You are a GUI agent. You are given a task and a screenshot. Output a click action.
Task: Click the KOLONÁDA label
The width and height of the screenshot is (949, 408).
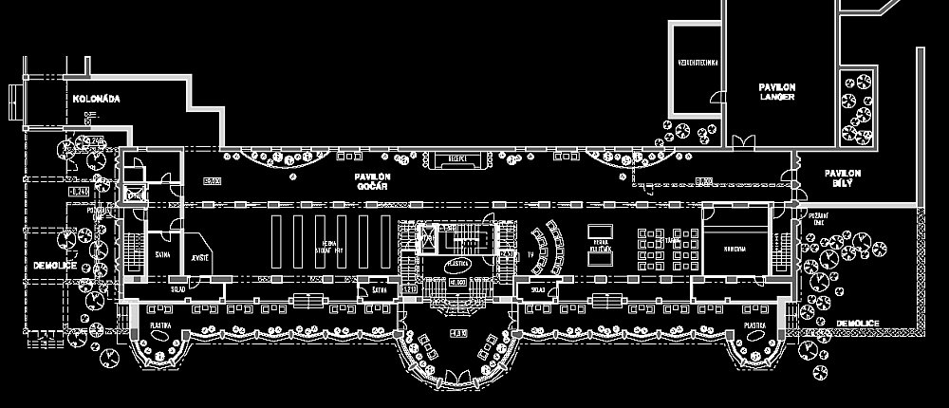coord(95,98)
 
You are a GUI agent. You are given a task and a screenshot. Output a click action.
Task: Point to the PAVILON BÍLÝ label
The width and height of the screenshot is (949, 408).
coord(842,177)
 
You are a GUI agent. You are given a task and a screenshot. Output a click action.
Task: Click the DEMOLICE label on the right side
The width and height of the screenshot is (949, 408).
coord(858,324)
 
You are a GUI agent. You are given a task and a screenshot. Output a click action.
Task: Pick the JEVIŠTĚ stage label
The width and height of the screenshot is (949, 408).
coord(200,257)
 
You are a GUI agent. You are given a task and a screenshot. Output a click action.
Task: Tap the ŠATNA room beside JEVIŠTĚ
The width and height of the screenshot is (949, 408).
coord(162,257)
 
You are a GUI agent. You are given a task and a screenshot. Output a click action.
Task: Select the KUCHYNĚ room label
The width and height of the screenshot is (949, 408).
coord(735,249)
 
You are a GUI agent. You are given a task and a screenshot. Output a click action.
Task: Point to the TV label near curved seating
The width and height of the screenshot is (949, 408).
coord(530,256)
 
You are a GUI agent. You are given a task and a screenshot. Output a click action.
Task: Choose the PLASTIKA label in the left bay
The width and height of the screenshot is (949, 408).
coord(160,325)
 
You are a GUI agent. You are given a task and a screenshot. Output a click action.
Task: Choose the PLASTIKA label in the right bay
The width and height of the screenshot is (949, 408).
coord(755,325)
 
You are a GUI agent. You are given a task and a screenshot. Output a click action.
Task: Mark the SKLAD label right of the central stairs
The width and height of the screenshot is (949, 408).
coord(538,288)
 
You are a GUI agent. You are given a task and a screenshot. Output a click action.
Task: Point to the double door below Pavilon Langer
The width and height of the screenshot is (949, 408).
coord(743,142)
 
